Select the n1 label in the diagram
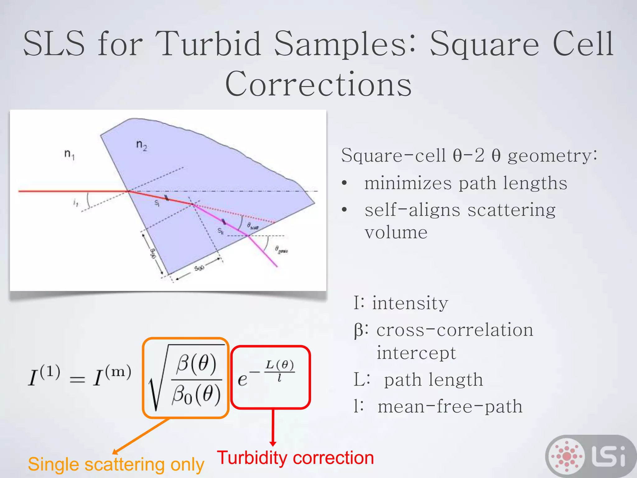coord(69,154)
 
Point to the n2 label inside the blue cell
coord(142,145)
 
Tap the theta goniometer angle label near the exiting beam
coord(281,250)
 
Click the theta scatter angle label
coord(253,226)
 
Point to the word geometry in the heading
coord(552,155)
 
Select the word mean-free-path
coord(450,406)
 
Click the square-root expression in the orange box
coord(186,378)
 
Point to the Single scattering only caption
coord(116,464)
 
